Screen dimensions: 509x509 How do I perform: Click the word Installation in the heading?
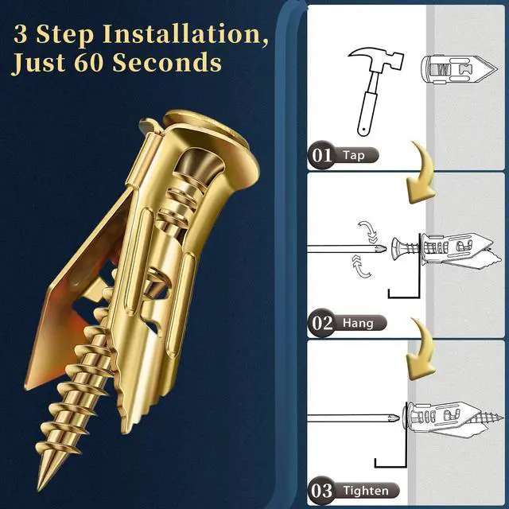coord(185,34)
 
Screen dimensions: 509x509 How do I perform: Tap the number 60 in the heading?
coord(88,62)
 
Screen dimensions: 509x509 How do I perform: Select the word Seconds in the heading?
coord(167,62)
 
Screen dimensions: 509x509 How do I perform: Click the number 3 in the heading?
coord(21,34)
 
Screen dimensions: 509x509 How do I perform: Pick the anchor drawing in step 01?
coord(459,69)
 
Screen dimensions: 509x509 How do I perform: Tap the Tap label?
coord(355,155)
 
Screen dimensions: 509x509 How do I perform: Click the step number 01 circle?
coord(321,155)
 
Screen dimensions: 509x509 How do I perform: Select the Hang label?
coord(359,323)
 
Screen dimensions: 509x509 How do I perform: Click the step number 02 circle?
coord(321,323)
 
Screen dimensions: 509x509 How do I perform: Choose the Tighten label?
coord(366,491)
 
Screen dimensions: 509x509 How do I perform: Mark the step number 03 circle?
coord(321,491)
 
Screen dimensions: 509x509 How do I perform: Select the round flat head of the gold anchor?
coord(211,136)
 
